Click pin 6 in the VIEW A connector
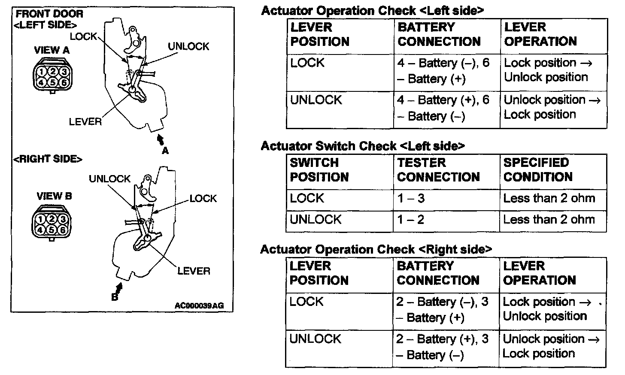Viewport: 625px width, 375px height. click(x=63, y=82)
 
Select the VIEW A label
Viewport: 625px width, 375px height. click(x=52, y=50)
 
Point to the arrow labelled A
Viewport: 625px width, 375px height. click(x=161, y=140)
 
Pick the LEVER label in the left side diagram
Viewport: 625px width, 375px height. click(x=85, y=122)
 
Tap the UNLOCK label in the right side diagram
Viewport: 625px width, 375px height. click(x=109, y=178)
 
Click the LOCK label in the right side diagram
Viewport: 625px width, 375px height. click(x=203, y=198)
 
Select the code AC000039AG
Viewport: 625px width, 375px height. click(x=199, y=306)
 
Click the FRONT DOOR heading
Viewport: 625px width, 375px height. click(x=49, y=14)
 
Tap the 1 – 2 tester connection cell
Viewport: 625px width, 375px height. click(x=410, y=220)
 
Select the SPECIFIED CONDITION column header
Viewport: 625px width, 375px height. click(x=538, y=170)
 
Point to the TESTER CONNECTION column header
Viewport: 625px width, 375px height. click(x=438, y=170)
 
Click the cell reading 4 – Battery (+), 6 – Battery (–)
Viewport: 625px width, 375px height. click(x=443, y=108)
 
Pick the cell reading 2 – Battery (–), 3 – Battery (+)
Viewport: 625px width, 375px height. click(x=442, y=310)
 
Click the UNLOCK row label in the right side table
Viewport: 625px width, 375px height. click(x=316, y=339)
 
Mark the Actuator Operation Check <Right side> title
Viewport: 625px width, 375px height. click(x=376, y=249)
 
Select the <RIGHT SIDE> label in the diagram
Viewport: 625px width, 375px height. click(x=48, y=159)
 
